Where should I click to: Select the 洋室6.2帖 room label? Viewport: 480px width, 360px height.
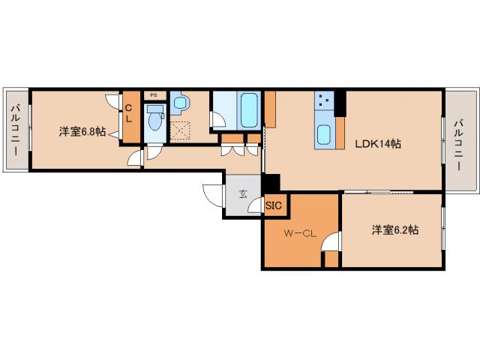(x=394, y=230)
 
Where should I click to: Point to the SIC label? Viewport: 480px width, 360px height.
(x=273, y=205)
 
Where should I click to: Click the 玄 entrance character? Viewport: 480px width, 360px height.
(x=242, y=193)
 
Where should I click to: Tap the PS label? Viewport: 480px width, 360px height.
(x=154, y=95)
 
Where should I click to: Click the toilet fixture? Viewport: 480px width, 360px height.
(x=155, y=118)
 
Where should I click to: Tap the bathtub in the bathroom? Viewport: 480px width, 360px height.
(x=249, y=111)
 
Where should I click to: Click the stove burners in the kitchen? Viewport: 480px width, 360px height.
(x=324, y=101)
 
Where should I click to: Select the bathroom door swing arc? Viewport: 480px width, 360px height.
(x=218, y=120)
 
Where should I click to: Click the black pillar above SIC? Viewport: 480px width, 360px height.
(x=271, y=183)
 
